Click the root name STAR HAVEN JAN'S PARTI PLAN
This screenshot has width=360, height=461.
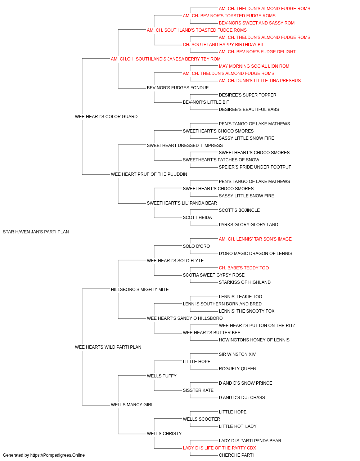pyautogui.click(x=36, y=232)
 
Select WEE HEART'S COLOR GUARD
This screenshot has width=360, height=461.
pyautogui.click(x=106, y=117)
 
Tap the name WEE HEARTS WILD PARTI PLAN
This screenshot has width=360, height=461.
pyautogui.click(x=108, y=347)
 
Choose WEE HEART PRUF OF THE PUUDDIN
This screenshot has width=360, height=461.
pyautogui.click(x=149, y=174)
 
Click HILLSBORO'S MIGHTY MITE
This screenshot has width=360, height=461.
pyautogui.click(x=140, y=289)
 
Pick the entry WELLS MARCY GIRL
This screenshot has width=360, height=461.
pyautogui.click(x=132, y=404)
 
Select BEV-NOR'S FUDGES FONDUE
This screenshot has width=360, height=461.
pyautogui.click(x=178, y=88)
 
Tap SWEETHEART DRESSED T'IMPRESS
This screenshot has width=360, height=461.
pyautogui.click(x=185, y=145)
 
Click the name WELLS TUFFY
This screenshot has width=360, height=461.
pyautogui.click(x=162, y=376)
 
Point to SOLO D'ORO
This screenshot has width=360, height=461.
pyautogui.click(x=196, y=246)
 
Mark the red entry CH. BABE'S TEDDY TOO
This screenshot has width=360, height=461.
pyautogui.click(x=244, y=268)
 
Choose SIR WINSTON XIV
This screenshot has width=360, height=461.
pyautogui.click(x=237, y=354)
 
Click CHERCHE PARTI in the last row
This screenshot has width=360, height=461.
pyautogui.click(x=236, y=455)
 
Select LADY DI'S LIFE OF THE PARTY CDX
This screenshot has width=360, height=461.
pyautogui.click(x=220, y=448)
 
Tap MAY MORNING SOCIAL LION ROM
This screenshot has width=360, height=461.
pyautogui.click(x=254, y=66)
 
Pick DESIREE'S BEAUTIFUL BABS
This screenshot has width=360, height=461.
pyautogui.click(x=249, y=109)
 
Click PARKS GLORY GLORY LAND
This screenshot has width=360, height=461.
pyautogui.click(x=248, y=225)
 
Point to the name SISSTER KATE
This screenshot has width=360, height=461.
pyautogui.click(x=198, y=390)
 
